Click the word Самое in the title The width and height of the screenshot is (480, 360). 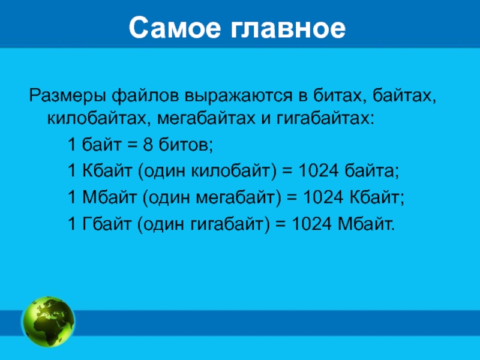(175, 28)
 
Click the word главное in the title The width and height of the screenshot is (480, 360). (289, 28)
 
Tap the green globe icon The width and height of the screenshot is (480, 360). (48, 322)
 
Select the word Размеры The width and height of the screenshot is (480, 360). (67, 97)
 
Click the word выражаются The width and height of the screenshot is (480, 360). (239, 97)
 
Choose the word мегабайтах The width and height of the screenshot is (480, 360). (206, 119)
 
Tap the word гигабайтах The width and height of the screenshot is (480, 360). (325, 118)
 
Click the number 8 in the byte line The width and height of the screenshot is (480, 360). (148, 145)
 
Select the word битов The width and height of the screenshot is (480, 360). (185, 145)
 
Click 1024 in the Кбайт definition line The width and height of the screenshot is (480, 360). (318, 171)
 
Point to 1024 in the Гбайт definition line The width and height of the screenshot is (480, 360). (311, 224)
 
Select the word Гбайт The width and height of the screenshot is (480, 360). (107, 224)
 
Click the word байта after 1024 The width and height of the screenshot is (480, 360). (372, 170)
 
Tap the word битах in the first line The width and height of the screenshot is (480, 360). (338, 96)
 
